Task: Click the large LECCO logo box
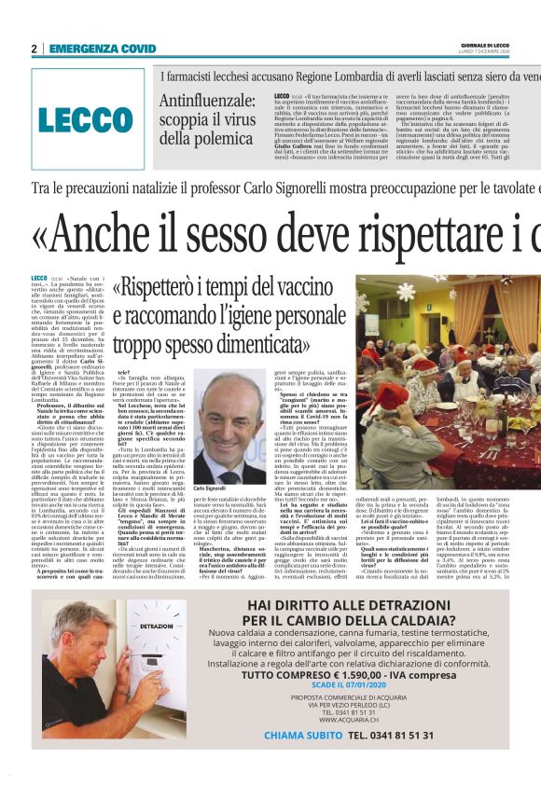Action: point(88,118)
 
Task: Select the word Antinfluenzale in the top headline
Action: point(205,101)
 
